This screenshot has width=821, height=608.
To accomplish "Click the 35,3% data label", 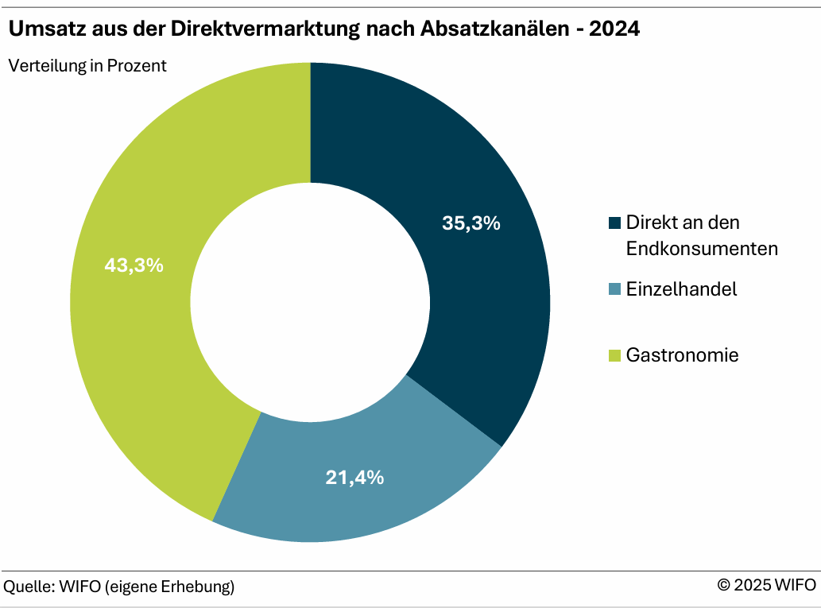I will click(471, 223).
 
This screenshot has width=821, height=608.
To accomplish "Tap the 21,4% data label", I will click(354, 478).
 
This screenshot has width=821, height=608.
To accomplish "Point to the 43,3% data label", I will click(134, 265).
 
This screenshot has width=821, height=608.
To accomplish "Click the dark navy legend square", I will click(614, 223).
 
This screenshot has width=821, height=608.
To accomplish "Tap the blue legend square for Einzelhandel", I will click(614, 289).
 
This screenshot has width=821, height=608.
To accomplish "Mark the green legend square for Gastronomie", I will click(614, 355).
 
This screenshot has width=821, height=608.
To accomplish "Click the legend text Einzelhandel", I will click(681, 289).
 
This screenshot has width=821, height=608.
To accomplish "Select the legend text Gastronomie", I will click(682, 355).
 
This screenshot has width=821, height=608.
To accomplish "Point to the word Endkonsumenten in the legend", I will click(702, 249).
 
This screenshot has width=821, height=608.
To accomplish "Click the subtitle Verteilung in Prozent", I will click(87, 66).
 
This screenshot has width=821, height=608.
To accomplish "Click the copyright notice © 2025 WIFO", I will click(766, 586).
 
